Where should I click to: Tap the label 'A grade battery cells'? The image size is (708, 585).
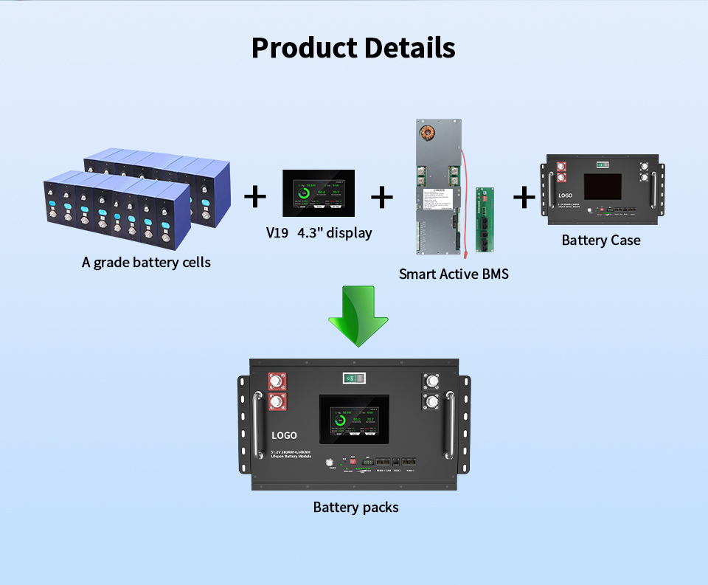(x=146, y=262)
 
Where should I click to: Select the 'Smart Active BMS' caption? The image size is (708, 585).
(x=454, y=274)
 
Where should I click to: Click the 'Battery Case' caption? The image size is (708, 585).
(x=601, y=240)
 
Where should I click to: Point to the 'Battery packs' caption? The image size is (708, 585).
(x=355, y=507)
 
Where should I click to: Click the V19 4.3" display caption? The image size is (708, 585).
(x=319, y=232)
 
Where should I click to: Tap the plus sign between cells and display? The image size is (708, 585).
(x=254, y=196)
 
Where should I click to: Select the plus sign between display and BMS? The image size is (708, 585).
(x=382, y=197)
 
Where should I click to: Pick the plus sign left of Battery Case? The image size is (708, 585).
(x=524, y=197)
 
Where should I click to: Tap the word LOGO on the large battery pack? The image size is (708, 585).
(x=284, y=435)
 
